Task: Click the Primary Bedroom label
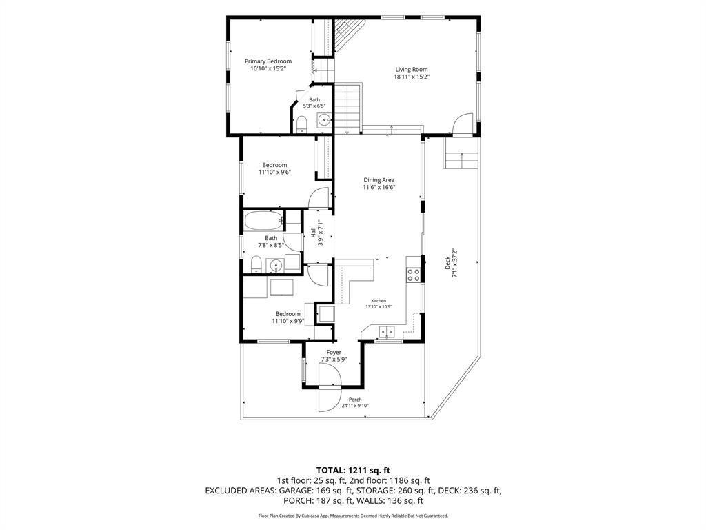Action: (268, 61)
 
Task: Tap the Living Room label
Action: (412, 70)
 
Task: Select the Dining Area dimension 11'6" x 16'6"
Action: (379, 188)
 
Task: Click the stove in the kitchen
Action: (414, 275)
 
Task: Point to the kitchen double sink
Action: (387, 331)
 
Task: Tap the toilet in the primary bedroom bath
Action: (301, 124)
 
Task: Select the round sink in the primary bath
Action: (324, 120)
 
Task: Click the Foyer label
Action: (334, 353)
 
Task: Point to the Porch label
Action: (355, 400)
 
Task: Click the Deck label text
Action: (447, 263)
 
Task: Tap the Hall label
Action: (313, 233)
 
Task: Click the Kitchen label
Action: (379, 301)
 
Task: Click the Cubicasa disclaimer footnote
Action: (353, 516)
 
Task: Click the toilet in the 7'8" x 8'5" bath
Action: (256, 264)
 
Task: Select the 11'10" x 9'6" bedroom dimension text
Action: (274, 172)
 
